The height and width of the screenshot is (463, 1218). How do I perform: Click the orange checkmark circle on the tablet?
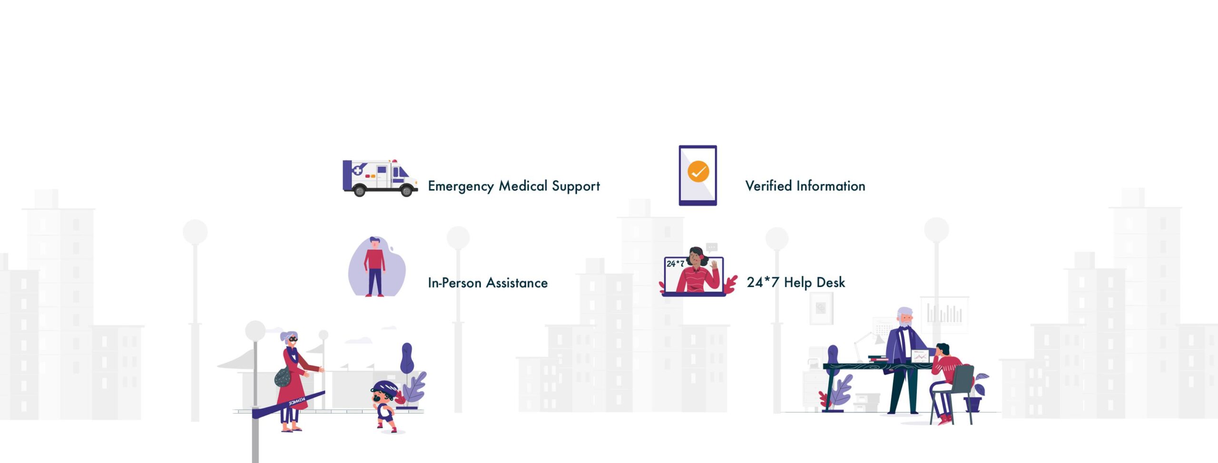point(698,172)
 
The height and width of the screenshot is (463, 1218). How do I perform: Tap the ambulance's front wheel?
point(406,191)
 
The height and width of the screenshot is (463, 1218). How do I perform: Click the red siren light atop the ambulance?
point(393,161)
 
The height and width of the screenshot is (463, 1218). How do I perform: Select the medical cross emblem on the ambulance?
point(357,170)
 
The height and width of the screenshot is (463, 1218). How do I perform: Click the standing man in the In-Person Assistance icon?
point(375,267)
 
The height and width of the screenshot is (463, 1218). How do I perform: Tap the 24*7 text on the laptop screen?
point(675,263)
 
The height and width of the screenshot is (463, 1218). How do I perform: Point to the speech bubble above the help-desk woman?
point(711,248)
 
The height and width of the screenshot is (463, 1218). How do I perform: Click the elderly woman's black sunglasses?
point(292,339)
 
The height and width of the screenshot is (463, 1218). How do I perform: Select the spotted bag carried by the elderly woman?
point(283,377)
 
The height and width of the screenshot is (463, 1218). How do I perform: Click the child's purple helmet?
point(384,387)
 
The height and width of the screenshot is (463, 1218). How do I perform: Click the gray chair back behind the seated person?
point(963,379)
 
